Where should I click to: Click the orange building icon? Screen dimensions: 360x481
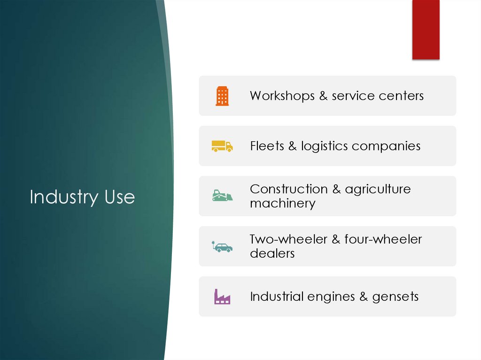click(222, 96)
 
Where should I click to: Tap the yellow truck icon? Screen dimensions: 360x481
click(222, 146)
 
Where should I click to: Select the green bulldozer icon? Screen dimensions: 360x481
click(222, 196)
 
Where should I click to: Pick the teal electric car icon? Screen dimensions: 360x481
click(222, 246)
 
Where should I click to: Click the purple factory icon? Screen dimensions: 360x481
click(222, 297)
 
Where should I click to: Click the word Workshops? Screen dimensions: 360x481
click(282, 96)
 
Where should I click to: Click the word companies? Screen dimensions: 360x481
click(386, 146)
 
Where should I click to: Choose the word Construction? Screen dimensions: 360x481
click(289, 189)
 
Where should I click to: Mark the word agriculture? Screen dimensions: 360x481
click(378, 190)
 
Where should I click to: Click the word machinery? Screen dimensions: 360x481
click(283, 204)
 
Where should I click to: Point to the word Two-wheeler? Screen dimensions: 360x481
click(288, 239)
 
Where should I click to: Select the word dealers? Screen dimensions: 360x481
click(272, 253)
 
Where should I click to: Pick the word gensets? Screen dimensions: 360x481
click(395, 297)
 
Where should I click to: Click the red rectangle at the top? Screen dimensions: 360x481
click(426, 29)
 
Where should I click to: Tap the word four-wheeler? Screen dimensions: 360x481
click(383, 239)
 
